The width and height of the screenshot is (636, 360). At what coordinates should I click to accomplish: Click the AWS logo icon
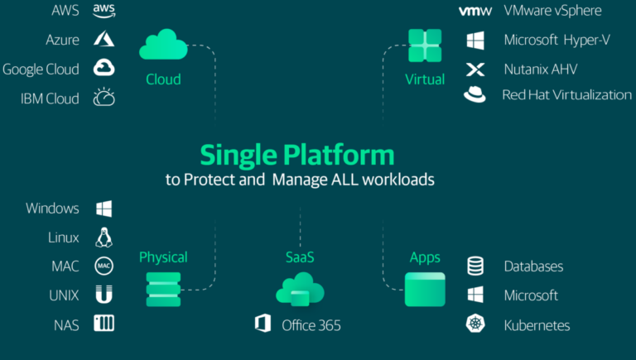tap(104, 11)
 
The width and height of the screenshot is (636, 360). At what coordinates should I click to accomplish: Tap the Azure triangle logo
tap(104, 39)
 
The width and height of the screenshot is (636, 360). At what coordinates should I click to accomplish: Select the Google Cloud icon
tap(104, 68)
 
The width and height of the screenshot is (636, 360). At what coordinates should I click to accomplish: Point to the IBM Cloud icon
tap(104, 97)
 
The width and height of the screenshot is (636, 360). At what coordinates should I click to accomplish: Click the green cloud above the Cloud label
tap(163, 45)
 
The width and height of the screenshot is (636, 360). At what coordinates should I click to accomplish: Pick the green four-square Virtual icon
tap(425, 46)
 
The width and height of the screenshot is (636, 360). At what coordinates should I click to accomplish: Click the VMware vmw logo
tap(475, 11)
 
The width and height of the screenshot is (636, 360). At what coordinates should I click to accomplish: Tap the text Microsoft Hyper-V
tap(556, 40)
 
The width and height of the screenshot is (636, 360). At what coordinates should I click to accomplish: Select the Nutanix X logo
tap(475, 70)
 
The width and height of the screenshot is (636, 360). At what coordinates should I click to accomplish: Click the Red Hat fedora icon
tap(475, 94)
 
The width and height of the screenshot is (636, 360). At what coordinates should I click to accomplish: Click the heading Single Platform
tap(297, 156)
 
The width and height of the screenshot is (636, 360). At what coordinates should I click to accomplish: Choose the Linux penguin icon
tap(104, 238)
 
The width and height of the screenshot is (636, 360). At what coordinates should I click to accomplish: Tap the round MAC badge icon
tap(104, 266)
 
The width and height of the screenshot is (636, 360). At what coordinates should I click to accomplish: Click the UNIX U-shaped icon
tap(104, 295)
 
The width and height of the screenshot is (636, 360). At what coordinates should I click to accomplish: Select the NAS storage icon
tap(104, 323)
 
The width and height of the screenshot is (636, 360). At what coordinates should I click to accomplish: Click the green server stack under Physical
tap(163, 290)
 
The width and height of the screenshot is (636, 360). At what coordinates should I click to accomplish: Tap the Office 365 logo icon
tap(263, 323)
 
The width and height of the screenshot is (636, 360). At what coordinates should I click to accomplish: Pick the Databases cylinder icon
tap(475, 266)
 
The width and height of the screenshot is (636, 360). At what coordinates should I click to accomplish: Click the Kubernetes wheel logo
tap(475, 324)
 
